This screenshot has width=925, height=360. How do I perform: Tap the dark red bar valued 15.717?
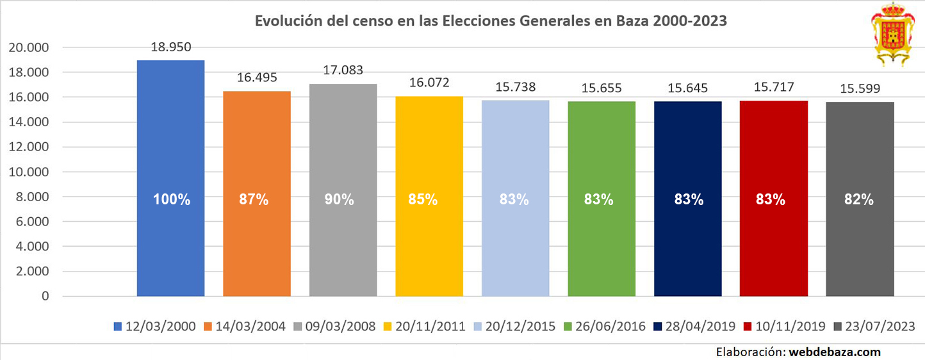774,198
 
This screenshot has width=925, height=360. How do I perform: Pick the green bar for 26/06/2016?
602,199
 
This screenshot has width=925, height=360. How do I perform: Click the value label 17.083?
343,70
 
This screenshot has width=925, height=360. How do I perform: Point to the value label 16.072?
429,83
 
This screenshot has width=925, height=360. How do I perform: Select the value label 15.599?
860,89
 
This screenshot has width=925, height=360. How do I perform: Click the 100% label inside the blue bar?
171,199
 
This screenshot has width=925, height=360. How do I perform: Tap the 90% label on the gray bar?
343,199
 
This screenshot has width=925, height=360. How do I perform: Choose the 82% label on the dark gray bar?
860,199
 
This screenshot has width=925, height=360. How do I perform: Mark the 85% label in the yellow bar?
429,199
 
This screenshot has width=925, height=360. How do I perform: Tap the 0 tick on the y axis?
44,296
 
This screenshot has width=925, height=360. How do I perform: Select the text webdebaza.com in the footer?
834,352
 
